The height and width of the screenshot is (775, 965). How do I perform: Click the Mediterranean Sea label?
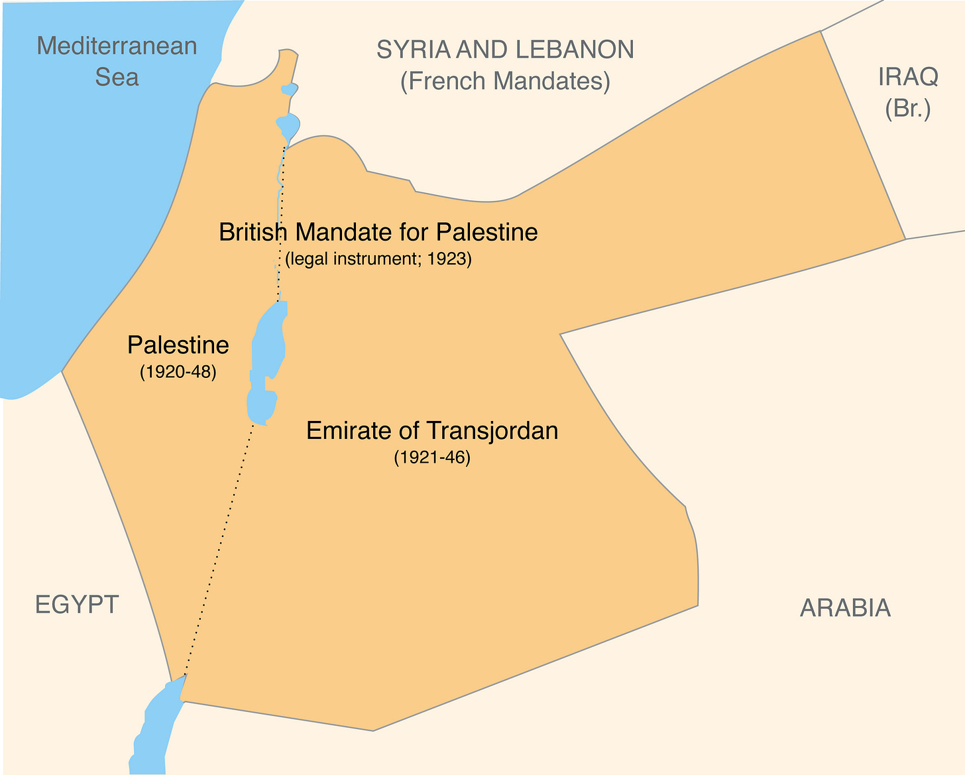(117, 61)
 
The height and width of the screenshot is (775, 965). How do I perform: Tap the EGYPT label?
(77, 605)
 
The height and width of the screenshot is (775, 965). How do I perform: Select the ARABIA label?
(845, 607)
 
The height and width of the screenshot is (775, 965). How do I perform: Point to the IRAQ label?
(908, 77)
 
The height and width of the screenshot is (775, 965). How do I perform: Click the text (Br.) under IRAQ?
(908, 108)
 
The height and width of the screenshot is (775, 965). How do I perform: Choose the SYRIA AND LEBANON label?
(505, 50)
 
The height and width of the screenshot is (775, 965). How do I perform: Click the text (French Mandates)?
(505, 81)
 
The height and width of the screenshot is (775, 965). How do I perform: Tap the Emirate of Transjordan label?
(432, 431)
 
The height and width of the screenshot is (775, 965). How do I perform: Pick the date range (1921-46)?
(432, 457)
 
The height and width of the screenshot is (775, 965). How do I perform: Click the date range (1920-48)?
(178, 372)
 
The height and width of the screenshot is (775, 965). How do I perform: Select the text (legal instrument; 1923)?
(378, 259)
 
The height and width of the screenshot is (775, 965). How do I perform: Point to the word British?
(254, 232)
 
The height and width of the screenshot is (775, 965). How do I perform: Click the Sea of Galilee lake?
(288, 124)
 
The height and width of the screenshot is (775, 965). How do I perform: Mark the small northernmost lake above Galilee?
(290, 89)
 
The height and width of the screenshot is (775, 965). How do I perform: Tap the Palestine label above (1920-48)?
(178, 345)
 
